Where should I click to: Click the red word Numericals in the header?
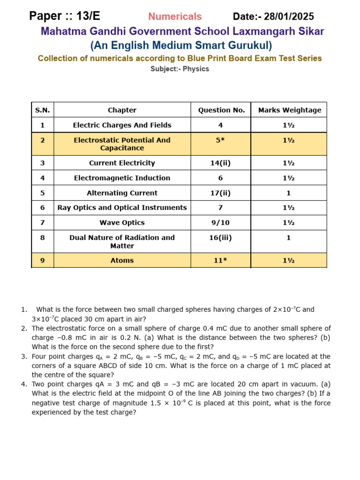pos(175,17)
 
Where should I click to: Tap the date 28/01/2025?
pos(289,17)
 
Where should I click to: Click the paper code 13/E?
pos(88,16)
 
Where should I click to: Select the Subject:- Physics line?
pos(180,69)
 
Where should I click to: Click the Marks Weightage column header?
pos(289,110)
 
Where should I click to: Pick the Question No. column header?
pos(221,110)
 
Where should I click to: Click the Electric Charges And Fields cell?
pos(122,125)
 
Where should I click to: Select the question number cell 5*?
pos(221,140)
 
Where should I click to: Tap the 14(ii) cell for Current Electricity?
pos(221,163)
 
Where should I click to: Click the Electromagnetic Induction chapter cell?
pos(122,178)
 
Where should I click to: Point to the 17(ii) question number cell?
pos(221,193)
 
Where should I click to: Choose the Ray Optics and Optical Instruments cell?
pos(122,208)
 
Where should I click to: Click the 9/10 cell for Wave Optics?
pos(221,223)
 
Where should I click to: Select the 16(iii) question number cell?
pos(221,238)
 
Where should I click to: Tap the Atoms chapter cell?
pos(122,261)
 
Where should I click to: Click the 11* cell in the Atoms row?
pos(221,261)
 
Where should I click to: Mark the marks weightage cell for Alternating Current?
pos(289,193)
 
